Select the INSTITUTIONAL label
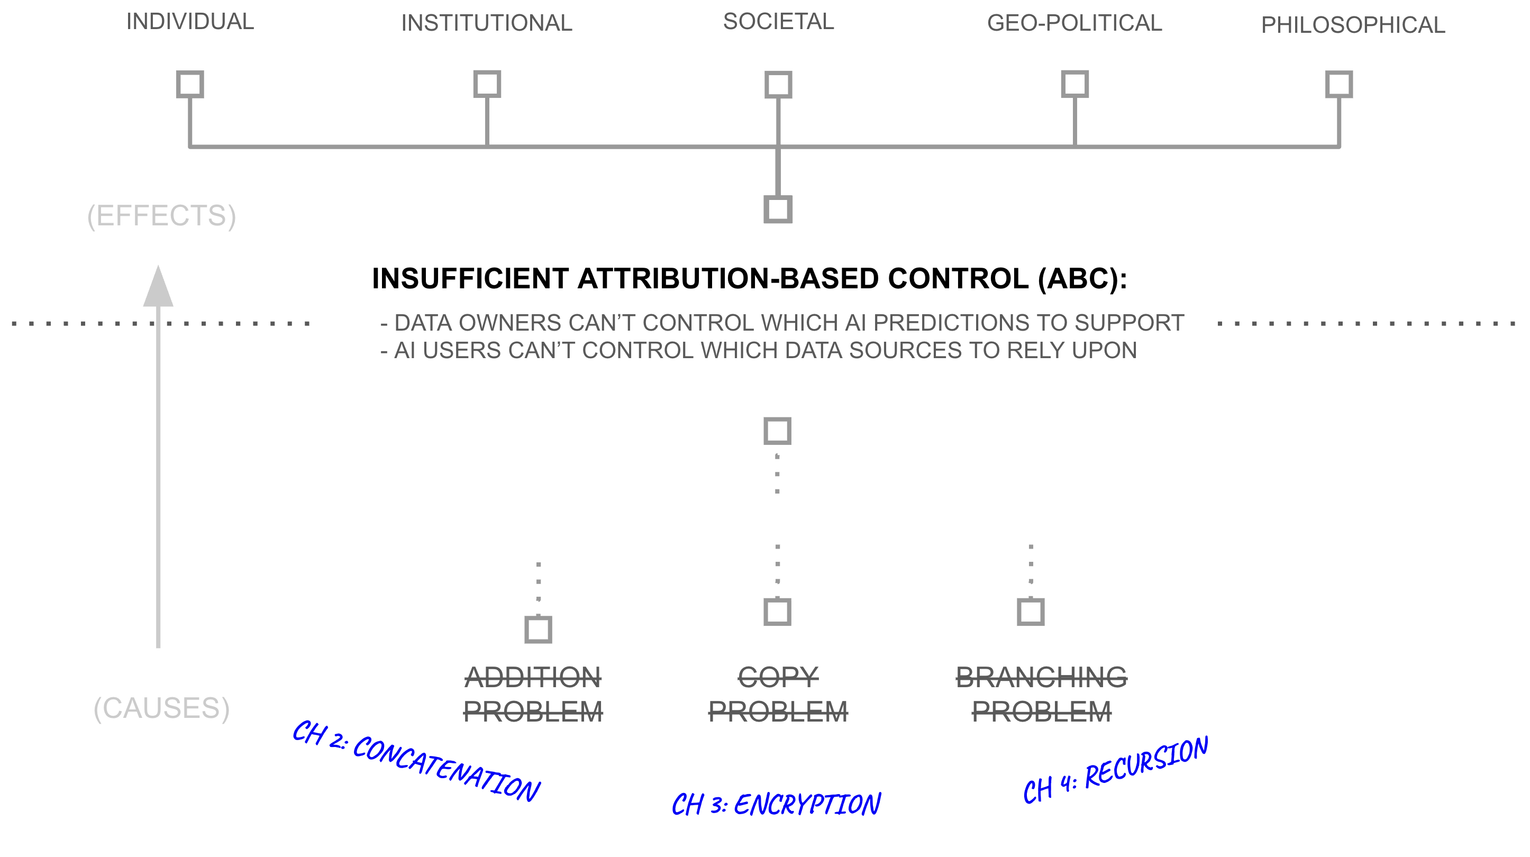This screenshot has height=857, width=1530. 486,23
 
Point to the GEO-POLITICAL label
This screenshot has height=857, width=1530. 1074,23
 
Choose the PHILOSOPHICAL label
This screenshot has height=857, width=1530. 1352,25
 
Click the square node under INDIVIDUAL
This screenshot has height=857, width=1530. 190,84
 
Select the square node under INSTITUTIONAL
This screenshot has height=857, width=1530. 487,84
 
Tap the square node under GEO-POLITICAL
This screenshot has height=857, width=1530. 1074,84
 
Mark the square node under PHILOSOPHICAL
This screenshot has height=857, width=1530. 1338,84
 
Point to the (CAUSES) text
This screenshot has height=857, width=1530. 161,708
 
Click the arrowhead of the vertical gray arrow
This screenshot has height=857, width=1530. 158,288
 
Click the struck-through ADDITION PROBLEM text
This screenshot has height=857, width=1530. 533,694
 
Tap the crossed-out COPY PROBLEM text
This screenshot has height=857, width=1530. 778,694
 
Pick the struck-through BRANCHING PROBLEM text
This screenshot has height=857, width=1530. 1041,694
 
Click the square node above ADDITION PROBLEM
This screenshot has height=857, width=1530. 538,630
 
